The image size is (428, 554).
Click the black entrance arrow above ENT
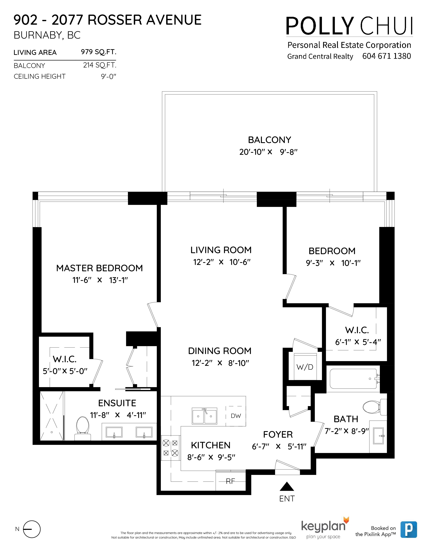point(287,487)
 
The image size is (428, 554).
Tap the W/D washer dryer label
point(305,367)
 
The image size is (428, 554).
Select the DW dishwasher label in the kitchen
point(236,416)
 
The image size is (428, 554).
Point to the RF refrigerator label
point(230,481)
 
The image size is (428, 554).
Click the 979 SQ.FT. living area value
point(99,52)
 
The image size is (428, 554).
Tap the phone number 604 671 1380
point(387,56)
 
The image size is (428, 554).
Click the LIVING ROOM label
point(221,250)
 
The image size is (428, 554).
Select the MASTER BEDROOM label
point(99,268)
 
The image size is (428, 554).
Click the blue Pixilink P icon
point(409,530)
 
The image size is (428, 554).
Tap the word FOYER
point(278,434)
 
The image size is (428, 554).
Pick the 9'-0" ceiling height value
point(109,76)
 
